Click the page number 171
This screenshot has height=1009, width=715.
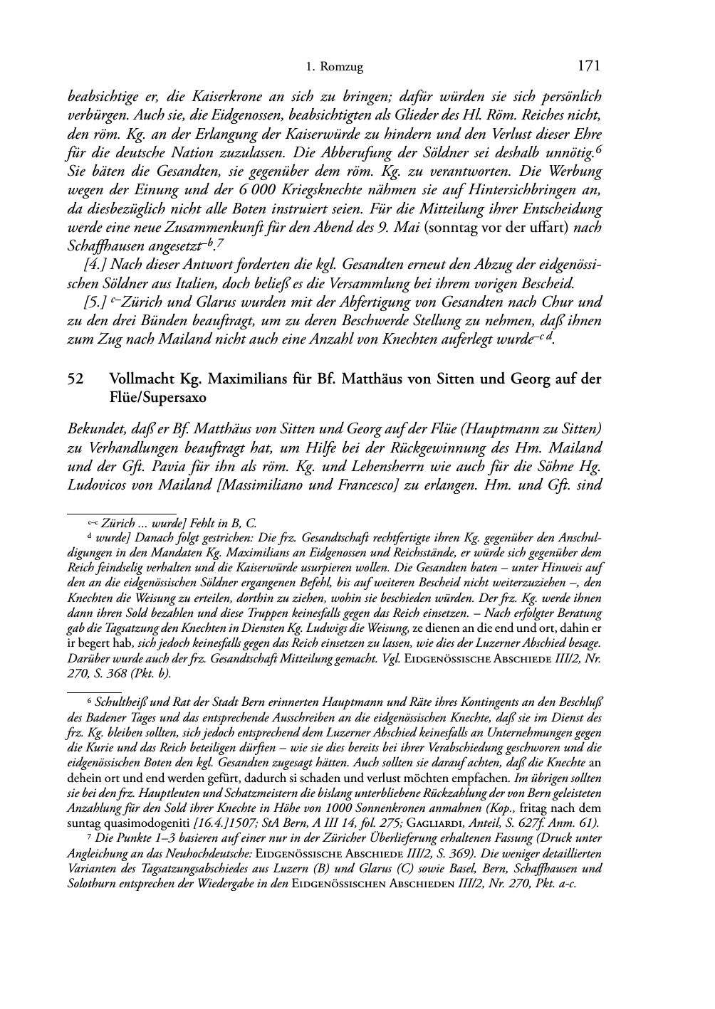coord(589,66)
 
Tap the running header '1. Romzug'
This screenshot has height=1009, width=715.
coord(335,68)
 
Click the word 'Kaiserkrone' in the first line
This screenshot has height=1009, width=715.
coord(250,96)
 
